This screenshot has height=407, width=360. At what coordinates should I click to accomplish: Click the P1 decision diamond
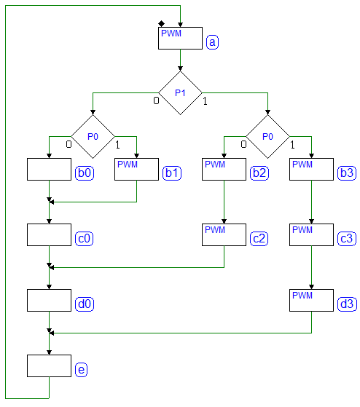[x=180, y=93]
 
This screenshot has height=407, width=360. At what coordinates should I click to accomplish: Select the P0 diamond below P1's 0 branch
[x=93, y=137]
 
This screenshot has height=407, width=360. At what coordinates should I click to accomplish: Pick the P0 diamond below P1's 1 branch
[x=267, y=137]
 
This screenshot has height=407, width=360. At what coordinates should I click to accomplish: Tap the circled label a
[x=212, y=42]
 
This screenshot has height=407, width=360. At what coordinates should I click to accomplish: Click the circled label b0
[x=85, y=173]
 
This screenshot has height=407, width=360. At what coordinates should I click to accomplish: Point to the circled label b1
[x=172, y=173]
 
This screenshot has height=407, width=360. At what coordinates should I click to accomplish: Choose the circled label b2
[x=259, y=173]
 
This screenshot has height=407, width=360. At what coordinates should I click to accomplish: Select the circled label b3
[x=347, y=173]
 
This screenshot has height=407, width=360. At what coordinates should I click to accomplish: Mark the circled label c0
[x=84, y=239]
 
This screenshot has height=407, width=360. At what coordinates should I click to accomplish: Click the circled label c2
[x=259, y=239]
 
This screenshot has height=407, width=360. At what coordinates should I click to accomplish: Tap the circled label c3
[x=347, y=239]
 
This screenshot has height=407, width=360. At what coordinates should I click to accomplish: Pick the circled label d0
[x=85, y=304]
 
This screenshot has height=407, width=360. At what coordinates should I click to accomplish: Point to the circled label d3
[x=347, y=304]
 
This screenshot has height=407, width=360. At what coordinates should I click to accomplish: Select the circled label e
[x=82, y=370]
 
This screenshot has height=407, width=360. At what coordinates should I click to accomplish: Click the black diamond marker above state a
[x=161, y=24]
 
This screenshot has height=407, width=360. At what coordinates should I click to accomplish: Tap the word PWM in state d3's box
[x=302, y=296]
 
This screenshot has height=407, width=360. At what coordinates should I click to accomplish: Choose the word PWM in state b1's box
[x=128, y=165]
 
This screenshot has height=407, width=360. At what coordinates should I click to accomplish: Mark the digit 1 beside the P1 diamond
[x=205, y=101]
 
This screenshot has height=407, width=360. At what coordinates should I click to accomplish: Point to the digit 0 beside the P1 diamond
[x=156, y=100]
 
